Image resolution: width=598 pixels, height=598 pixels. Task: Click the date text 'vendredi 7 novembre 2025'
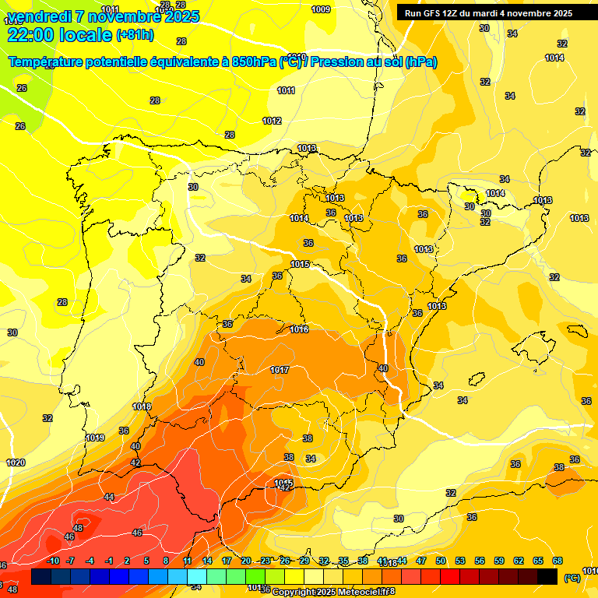point(103,16)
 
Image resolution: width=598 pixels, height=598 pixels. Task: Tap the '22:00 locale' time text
point(59,34)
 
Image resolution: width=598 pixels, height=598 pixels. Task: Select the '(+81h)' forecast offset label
point(135,35)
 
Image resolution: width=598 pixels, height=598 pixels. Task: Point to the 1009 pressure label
point(320,9)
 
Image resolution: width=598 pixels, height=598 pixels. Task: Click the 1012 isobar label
point(272,121)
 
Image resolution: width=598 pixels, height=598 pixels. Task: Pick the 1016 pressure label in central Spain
point(299,329)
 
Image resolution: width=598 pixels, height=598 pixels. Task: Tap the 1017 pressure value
point(280,370)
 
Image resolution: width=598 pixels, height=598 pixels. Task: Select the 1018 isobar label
point(142,406)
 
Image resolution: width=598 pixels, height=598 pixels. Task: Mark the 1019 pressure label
point(95,438)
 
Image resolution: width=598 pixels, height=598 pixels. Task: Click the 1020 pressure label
point(16,463)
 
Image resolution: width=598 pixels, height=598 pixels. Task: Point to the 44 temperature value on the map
point(109,497)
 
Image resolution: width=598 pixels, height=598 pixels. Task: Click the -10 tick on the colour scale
point(53,561)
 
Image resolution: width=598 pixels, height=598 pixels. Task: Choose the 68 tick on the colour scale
point(558,561)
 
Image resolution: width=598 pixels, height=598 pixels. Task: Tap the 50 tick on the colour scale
point(441,561)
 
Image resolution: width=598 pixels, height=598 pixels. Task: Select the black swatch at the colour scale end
point(547,576)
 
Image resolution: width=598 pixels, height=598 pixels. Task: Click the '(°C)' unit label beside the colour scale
point(572,577)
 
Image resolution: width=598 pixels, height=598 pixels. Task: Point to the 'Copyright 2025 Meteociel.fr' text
point(333,592)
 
